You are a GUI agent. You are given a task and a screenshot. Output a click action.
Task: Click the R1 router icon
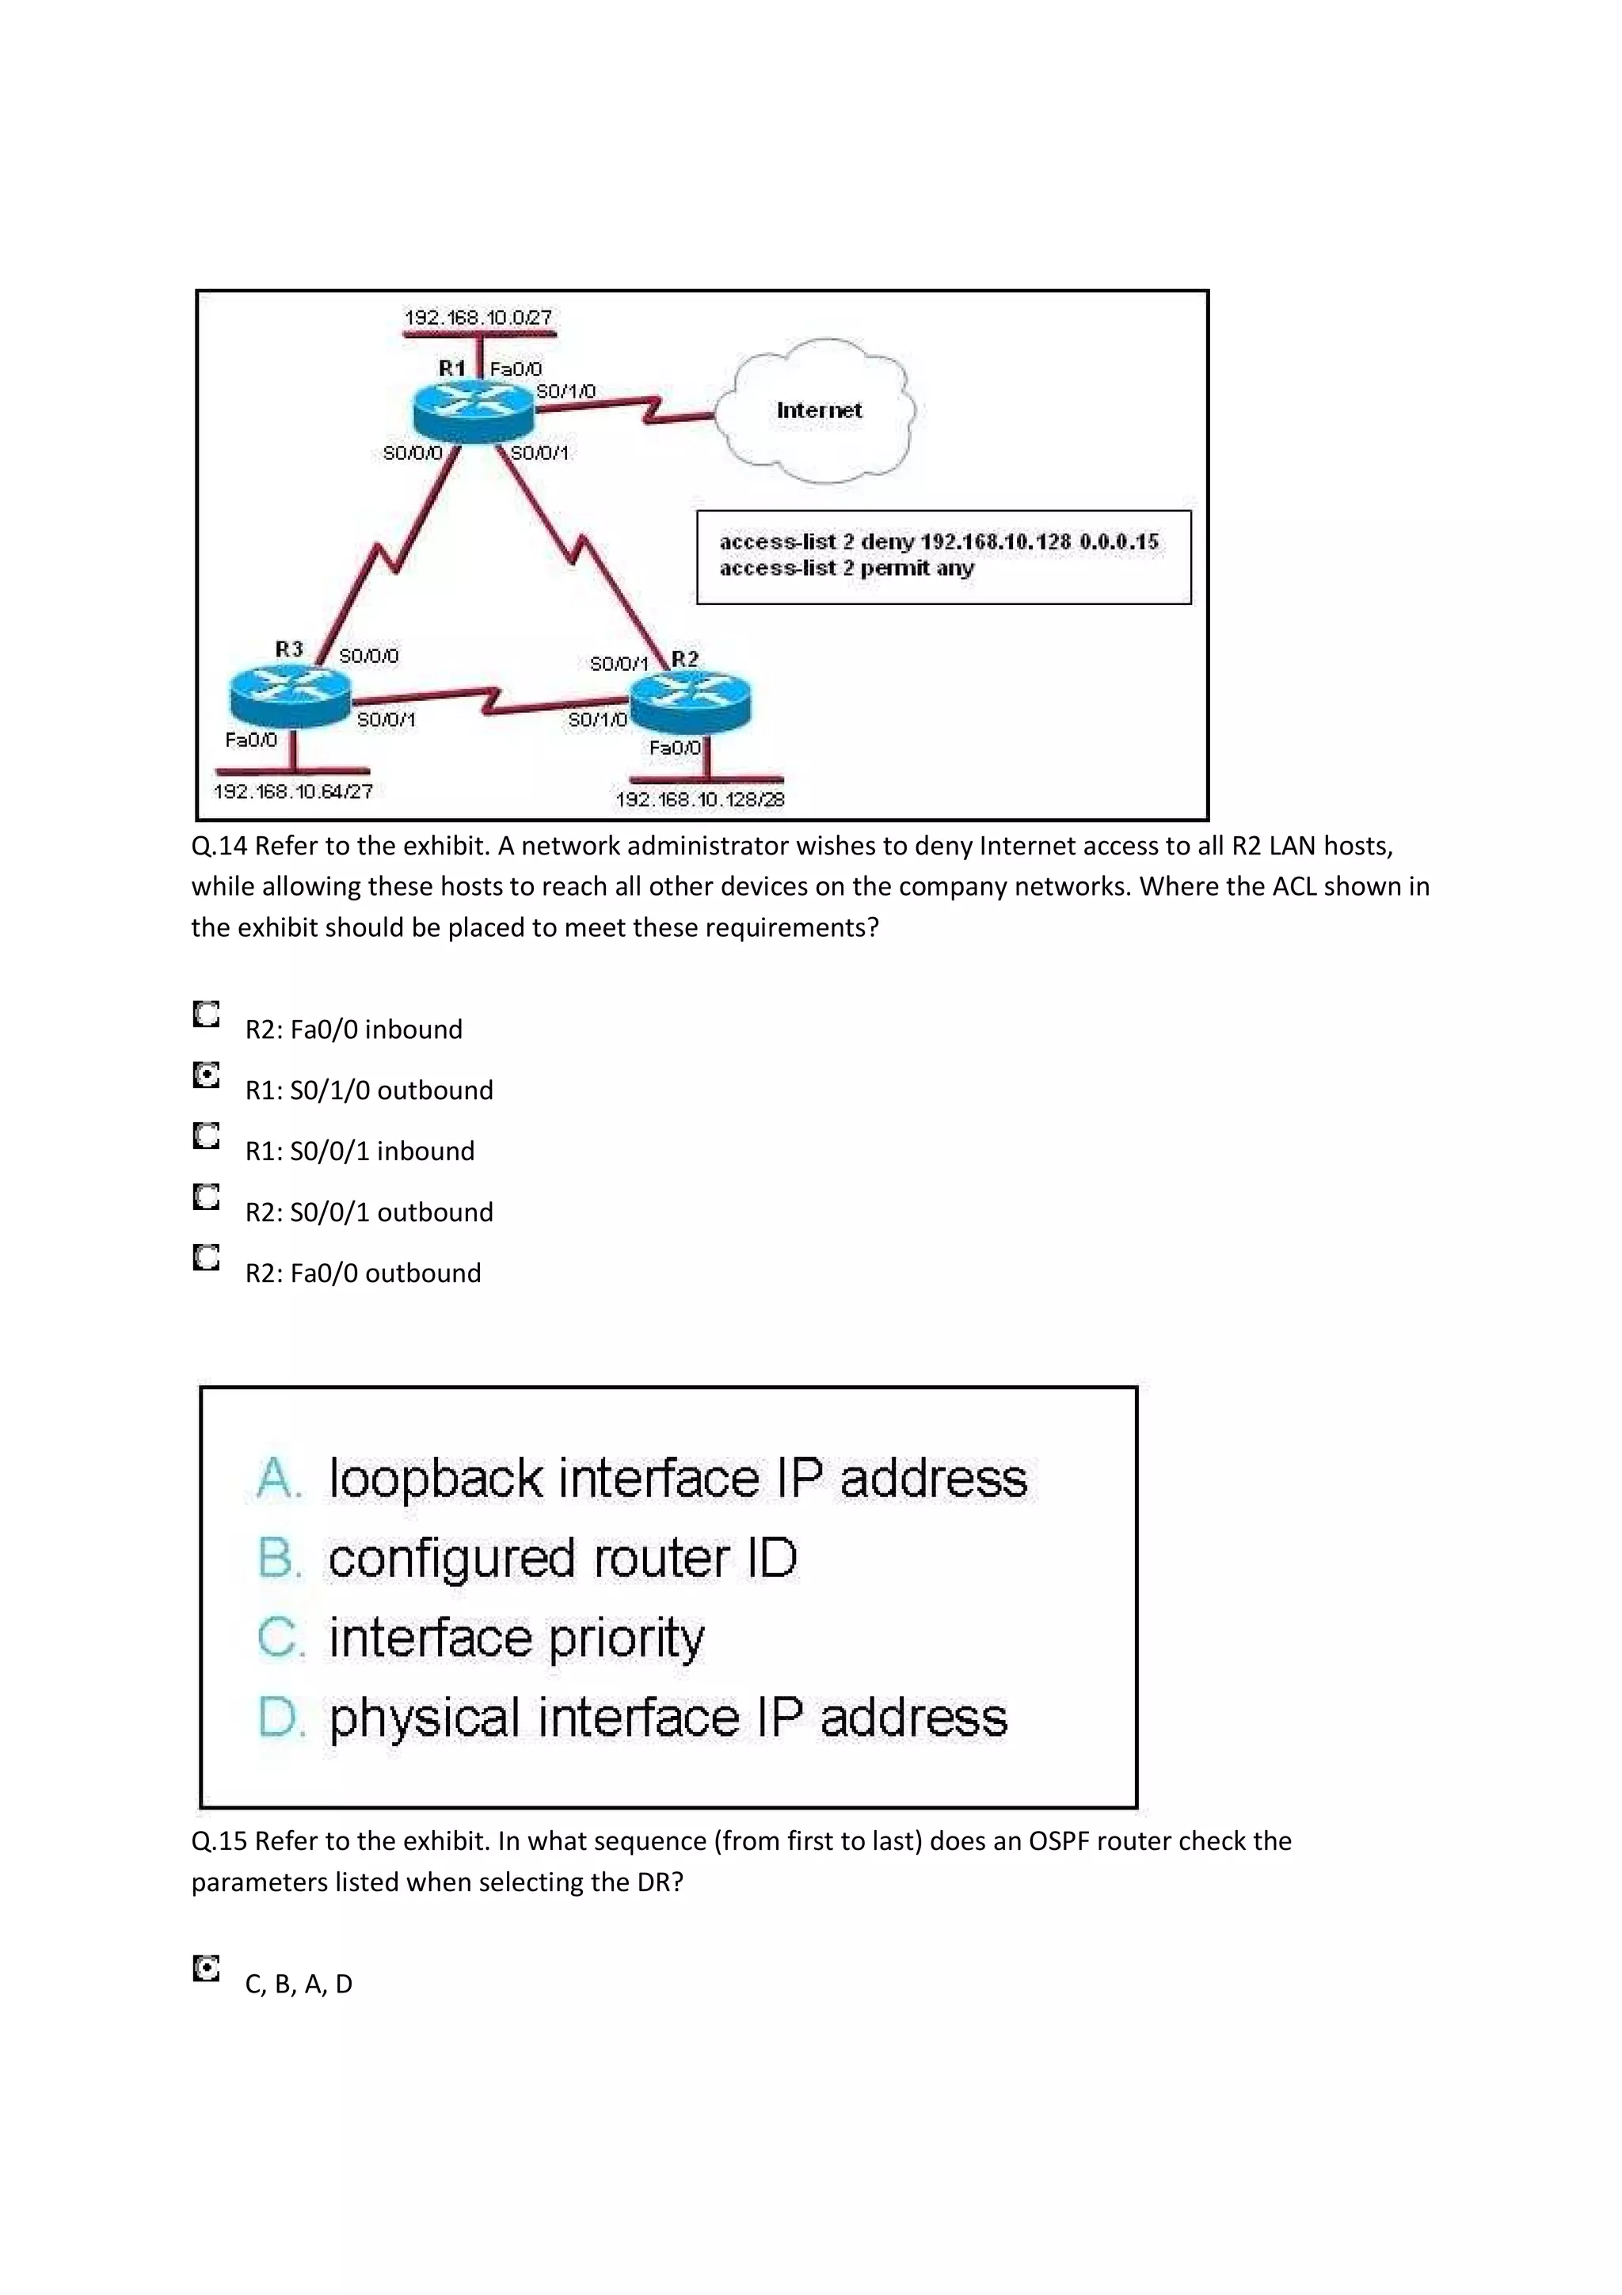pyautogui.click(x=473, y=410)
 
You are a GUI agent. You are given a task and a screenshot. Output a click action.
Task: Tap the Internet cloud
pyautogui.click(x=820, y=411)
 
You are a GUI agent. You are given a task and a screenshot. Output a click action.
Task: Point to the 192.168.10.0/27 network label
pyautogui.click(x=478, y=318)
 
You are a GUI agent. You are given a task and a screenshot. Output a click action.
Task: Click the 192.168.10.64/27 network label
pyautogui.click(x=293, y=792)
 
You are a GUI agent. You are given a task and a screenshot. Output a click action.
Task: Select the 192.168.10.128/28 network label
pyautogui.click(x=699, y=800)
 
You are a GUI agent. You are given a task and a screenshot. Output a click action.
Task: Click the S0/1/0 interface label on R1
pyautogui.click(x=565, y=391)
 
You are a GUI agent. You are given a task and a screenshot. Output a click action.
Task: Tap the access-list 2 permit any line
pyautogui.click(x=847, y=569)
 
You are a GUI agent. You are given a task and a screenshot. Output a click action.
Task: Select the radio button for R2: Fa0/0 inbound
pyautogui.click(x=206, y=1014)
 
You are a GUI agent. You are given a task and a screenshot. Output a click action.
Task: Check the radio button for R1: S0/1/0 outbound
pyautogui.click(x=206, y=1075)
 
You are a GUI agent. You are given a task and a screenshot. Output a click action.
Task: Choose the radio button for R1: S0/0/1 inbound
pyautogui.click(x=206, y=1136)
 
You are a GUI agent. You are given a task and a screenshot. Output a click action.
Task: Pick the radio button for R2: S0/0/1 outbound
pyautogui.click(x=206, y=1197)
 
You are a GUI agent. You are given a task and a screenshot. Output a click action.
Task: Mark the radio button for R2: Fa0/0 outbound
pyautogui.click(x=206, y=1258)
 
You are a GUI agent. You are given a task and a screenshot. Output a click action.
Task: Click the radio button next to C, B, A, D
pyautogui.click(x=206, y=1970)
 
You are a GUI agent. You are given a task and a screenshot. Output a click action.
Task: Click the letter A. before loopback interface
pyautogui.click(x=277, y=1479)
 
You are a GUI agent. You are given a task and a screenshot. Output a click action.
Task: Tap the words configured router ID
pyautogui.click(x=562, y=1559)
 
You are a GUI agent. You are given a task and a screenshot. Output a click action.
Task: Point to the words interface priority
pyautogui.click(x=516, y=1639)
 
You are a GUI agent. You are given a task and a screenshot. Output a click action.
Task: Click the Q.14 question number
pyautogui.click(x=219, y=847)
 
